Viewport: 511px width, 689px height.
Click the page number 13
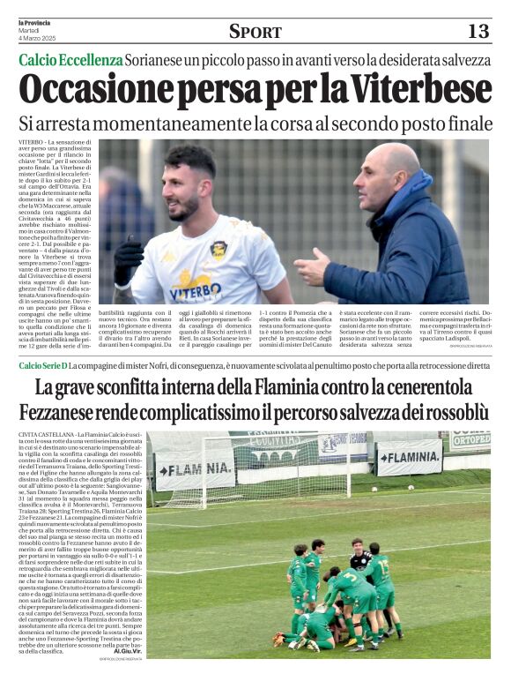478,31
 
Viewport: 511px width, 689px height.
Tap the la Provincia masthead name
35,22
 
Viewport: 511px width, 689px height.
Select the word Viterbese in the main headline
413,89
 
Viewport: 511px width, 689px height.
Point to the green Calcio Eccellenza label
71,60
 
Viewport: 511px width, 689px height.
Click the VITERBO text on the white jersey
195,289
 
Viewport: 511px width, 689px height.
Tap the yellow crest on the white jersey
218,250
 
